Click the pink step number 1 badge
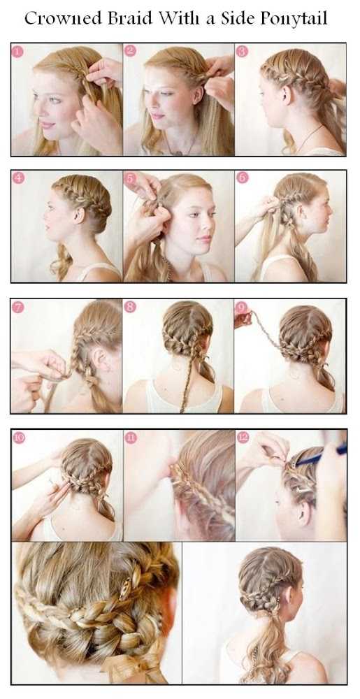coord(17,51)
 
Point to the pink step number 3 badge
coord(242,51)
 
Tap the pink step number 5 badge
coord(130,178)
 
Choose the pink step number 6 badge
coord(242,178)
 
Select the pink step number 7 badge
coord(17,307)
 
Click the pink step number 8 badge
coord(130,307)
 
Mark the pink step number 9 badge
coord(241,307)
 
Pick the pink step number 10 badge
coord(19,438)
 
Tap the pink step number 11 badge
coord(131,438)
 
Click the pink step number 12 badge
coord(243,438)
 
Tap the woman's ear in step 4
coord(80,216)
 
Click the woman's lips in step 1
coord(48,125)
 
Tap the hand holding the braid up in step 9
coord(243,319)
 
